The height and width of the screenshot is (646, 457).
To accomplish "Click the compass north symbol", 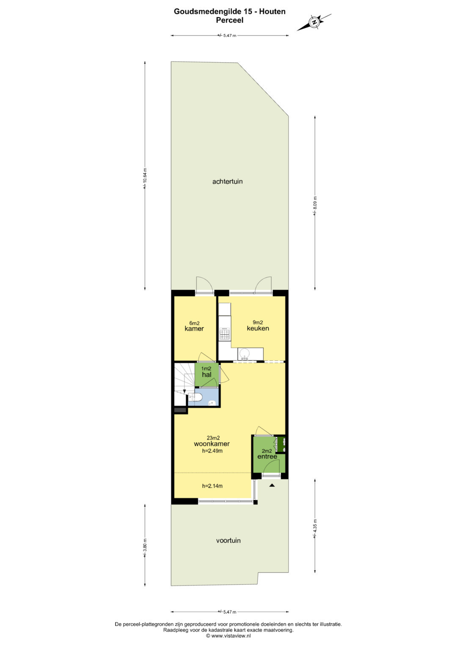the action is tap(314, 22).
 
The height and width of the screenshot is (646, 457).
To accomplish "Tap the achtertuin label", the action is tap(227, 181).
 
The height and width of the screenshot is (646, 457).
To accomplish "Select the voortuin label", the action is tap(228, 540).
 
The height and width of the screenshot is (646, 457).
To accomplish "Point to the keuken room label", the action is tap(258, 328).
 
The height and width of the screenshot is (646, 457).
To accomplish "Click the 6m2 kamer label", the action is tap(194, 326).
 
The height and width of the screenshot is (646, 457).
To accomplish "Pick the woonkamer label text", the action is tap(212, 444).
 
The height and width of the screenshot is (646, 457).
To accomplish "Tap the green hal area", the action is tap(206, 375).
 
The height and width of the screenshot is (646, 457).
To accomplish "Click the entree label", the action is tap(267, 456).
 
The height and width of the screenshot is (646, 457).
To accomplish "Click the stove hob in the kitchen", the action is tap(225, 333).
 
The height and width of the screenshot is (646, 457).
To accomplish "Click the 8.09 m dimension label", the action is tap(315, 206).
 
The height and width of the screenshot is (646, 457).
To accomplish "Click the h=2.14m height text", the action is tap(212, 486).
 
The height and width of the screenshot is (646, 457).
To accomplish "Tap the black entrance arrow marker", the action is tap(272, 485).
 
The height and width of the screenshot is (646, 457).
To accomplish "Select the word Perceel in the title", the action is tap(230, 20).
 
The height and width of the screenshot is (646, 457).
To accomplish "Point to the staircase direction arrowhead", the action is tap(184, 391).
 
